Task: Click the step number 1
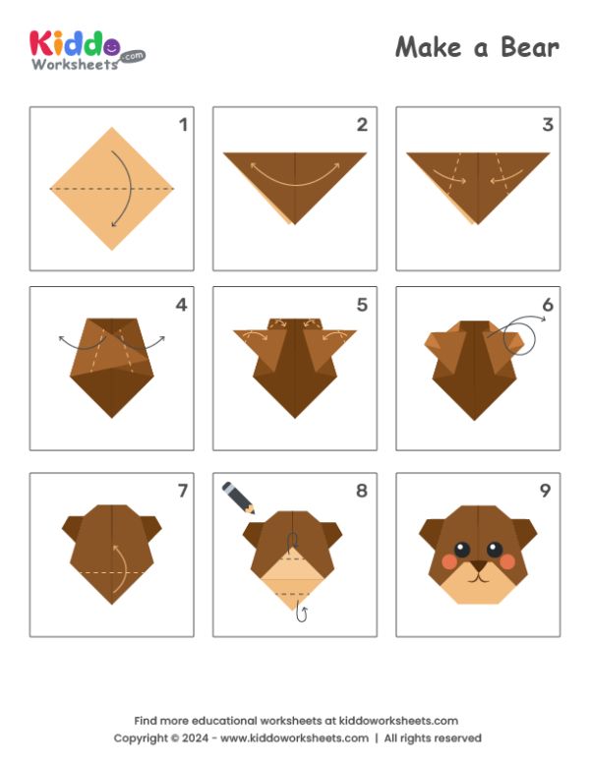tap(184, 125)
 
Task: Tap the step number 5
tap(362, 305)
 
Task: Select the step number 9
tap(545, 491)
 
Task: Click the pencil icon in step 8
tap(239, 498)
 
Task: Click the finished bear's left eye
tap(461, 550)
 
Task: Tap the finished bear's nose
tap(479, 565)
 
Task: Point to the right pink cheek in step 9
tap(507, 561)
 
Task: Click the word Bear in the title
tap(530, 47)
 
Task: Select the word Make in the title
tap(428, 47)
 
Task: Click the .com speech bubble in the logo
tap(133, 56)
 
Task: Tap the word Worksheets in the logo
tap(75, 64)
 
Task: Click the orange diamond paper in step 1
tap(112, 189)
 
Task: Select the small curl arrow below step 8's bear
tap(302, 615)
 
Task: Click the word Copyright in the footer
tap(142, 738)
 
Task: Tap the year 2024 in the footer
tap(195, 737)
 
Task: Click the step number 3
tap(548, 125)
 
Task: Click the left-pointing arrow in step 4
tap(82, 344)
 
